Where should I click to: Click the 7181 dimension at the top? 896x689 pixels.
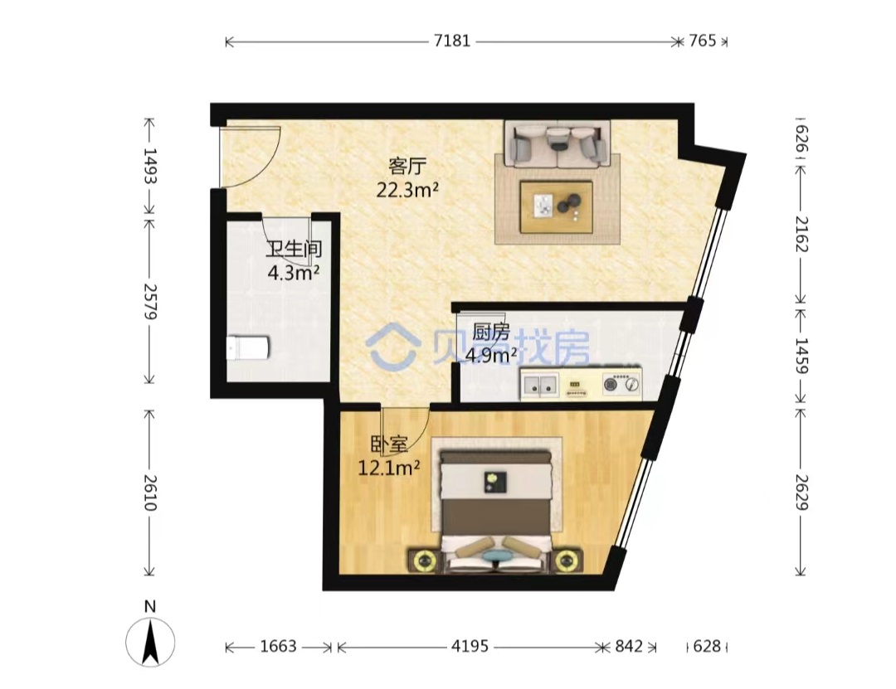(452, 41)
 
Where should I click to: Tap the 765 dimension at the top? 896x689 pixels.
(703, 41)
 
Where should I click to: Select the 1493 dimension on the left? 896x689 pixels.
(149, 165)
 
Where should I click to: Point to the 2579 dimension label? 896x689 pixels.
(149, 301)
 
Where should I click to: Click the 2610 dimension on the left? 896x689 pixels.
(149, 492)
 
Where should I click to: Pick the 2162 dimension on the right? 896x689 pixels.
(801, 234)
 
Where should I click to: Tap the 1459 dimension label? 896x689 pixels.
(801, 356)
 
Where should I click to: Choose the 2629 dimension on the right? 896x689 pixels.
(801, 492)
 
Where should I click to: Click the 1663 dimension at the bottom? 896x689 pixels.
(278, 646)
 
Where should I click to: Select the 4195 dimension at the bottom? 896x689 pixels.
(470, 646)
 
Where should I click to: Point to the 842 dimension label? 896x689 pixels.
(629, 646)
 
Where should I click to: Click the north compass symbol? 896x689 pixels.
(150, 641)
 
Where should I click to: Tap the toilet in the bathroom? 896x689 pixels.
(247, 348)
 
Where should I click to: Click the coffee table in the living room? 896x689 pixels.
(556, 206)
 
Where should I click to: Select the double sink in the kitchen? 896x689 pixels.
(539, 384)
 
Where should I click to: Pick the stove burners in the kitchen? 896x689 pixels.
(621, 384)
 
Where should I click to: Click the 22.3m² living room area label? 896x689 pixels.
(407, 190)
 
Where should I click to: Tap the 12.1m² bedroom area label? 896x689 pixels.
(388, 468)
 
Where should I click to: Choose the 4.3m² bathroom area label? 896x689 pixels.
(293, 273)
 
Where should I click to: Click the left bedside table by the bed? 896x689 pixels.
(424, 560)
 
